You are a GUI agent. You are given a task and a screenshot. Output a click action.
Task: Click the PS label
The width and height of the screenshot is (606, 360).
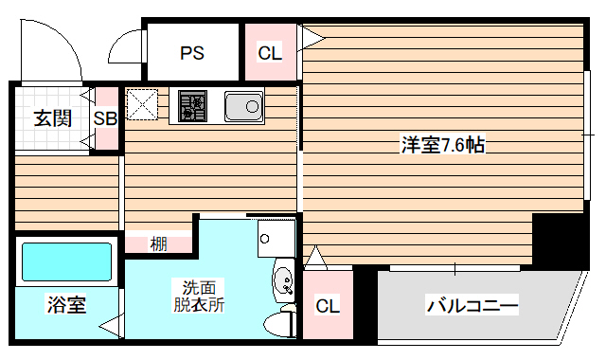point(193,53)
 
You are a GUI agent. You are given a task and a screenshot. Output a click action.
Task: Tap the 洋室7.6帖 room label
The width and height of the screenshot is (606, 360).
point(443,145)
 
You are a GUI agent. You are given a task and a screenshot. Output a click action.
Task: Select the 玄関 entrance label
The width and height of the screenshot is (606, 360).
point(52,119)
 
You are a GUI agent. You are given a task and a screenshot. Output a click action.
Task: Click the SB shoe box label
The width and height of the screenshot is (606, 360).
point(106,118)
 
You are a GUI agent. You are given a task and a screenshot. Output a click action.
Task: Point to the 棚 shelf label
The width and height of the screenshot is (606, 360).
point(158,243)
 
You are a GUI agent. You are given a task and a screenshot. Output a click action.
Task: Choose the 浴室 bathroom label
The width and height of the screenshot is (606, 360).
point(66,305)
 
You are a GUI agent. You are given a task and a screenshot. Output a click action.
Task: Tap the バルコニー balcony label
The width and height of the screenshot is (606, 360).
point(472,306)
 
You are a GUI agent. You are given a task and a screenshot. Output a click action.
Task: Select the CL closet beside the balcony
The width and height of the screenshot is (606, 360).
point(327,306)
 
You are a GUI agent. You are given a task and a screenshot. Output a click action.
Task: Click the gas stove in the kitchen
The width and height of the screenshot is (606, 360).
point(190,105)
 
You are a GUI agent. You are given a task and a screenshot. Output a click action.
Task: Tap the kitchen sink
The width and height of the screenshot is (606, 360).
point(244,106)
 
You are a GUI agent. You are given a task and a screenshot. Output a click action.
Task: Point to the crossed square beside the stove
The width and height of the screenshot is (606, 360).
point(143,104)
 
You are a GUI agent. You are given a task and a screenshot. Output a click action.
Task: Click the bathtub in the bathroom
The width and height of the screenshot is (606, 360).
point(66,262)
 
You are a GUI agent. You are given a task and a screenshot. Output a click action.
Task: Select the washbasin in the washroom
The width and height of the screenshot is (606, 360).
point(282,280)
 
